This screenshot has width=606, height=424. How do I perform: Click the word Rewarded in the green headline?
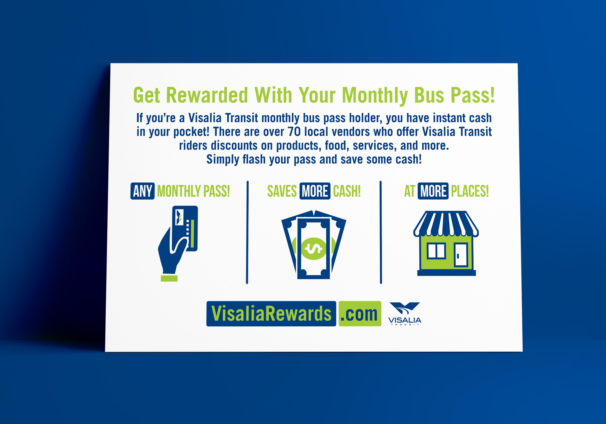[x=207, y=95]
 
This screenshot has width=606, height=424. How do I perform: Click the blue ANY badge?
[x=143, y=191]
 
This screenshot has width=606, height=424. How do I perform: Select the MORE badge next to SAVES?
[x=315, y=191]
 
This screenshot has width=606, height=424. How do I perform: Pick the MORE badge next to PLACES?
[x=433, y=191]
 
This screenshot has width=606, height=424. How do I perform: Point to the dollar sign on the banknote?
[x=314, y=249]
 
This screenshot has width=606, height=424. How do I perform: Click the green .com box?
[x=360, y=314]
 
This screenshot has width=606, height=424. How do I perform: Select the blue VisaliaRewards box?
[x=271, y=314]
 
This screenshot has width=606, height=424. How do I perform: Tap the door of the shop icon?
[x=461, y=255]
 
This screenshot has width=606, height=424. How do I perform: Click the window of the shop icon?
[x=436, y=251]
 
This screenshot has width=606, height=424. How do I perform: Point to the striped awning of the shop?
[x=446, y=223]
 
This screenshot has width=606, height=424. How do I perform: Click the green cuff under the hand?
[x=169, y=278]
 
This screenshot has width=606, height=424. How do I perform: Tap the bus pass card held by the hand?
[x=185, y=228]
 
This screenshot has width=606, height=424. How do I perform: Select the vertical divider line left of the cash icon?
[x=247, y=232]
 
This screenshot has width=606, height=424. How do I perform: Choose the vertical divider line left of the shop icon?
[x=381, y=232]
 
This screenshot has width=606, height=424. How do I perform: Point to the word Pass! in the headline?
[x=472, y=95]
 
